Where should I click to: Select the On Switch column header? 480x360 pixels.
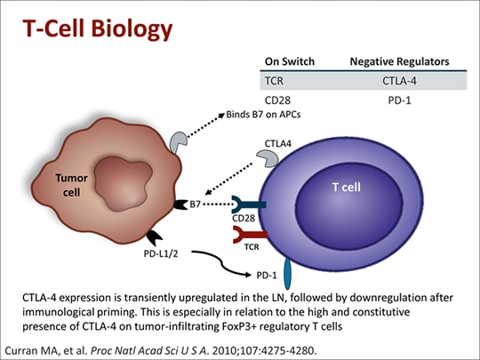[286, 61]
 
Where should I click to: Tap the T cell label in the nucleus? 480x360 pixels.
[348, 188]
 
